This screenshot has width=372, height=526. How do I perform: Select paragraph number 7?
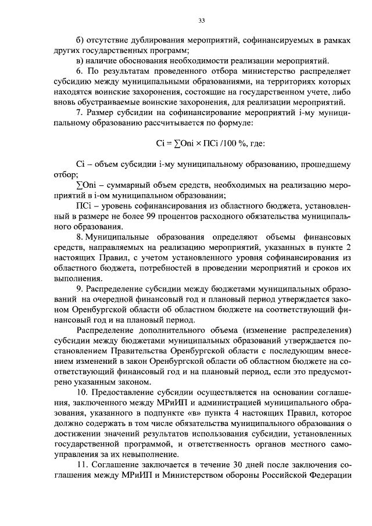(x=80, y=113)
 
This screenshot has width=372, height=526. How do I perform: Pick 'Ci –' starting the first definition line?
(x=84, y=165)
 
